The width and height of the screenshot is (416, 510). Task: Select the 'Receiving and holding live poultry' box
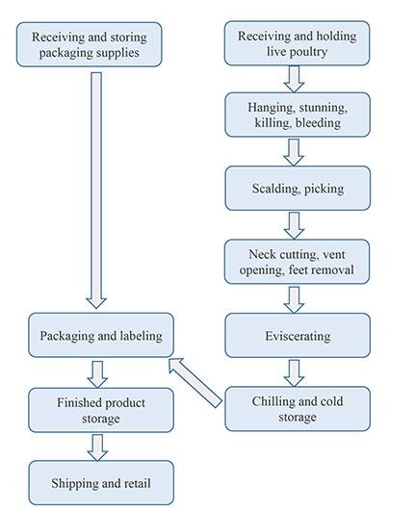(297, 43)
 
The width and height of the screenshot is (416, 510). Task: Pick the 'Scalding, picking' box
(297, 189)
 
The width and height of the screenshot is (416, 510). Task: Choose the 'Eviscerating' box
(297, 336)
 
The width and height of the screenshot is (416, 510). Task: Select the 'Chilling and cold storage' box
(297, 409)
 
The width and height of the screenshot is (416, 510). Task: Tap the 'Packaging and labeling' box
(101, 336)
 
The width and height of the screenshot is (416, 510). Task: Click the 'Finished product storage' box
(101, 408)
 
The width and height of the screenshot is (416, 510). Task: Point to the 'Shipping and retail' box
(101, 481)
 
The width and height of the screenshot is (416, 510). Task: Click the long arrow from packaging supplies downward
(95, 188)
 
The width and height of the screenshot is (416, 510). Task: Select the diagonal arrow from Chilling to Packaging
(196, 379)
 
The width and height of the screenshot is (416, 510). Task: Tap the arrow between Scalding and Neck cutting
(296, 225)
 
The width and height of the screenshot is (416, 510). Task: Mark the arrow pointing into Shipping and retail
(95, 445)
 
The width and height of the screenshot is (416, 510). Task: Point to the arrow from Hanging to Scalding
(296, 152)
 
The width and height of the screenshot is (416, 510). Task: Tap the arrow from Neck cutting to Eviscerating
(296, 299)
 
